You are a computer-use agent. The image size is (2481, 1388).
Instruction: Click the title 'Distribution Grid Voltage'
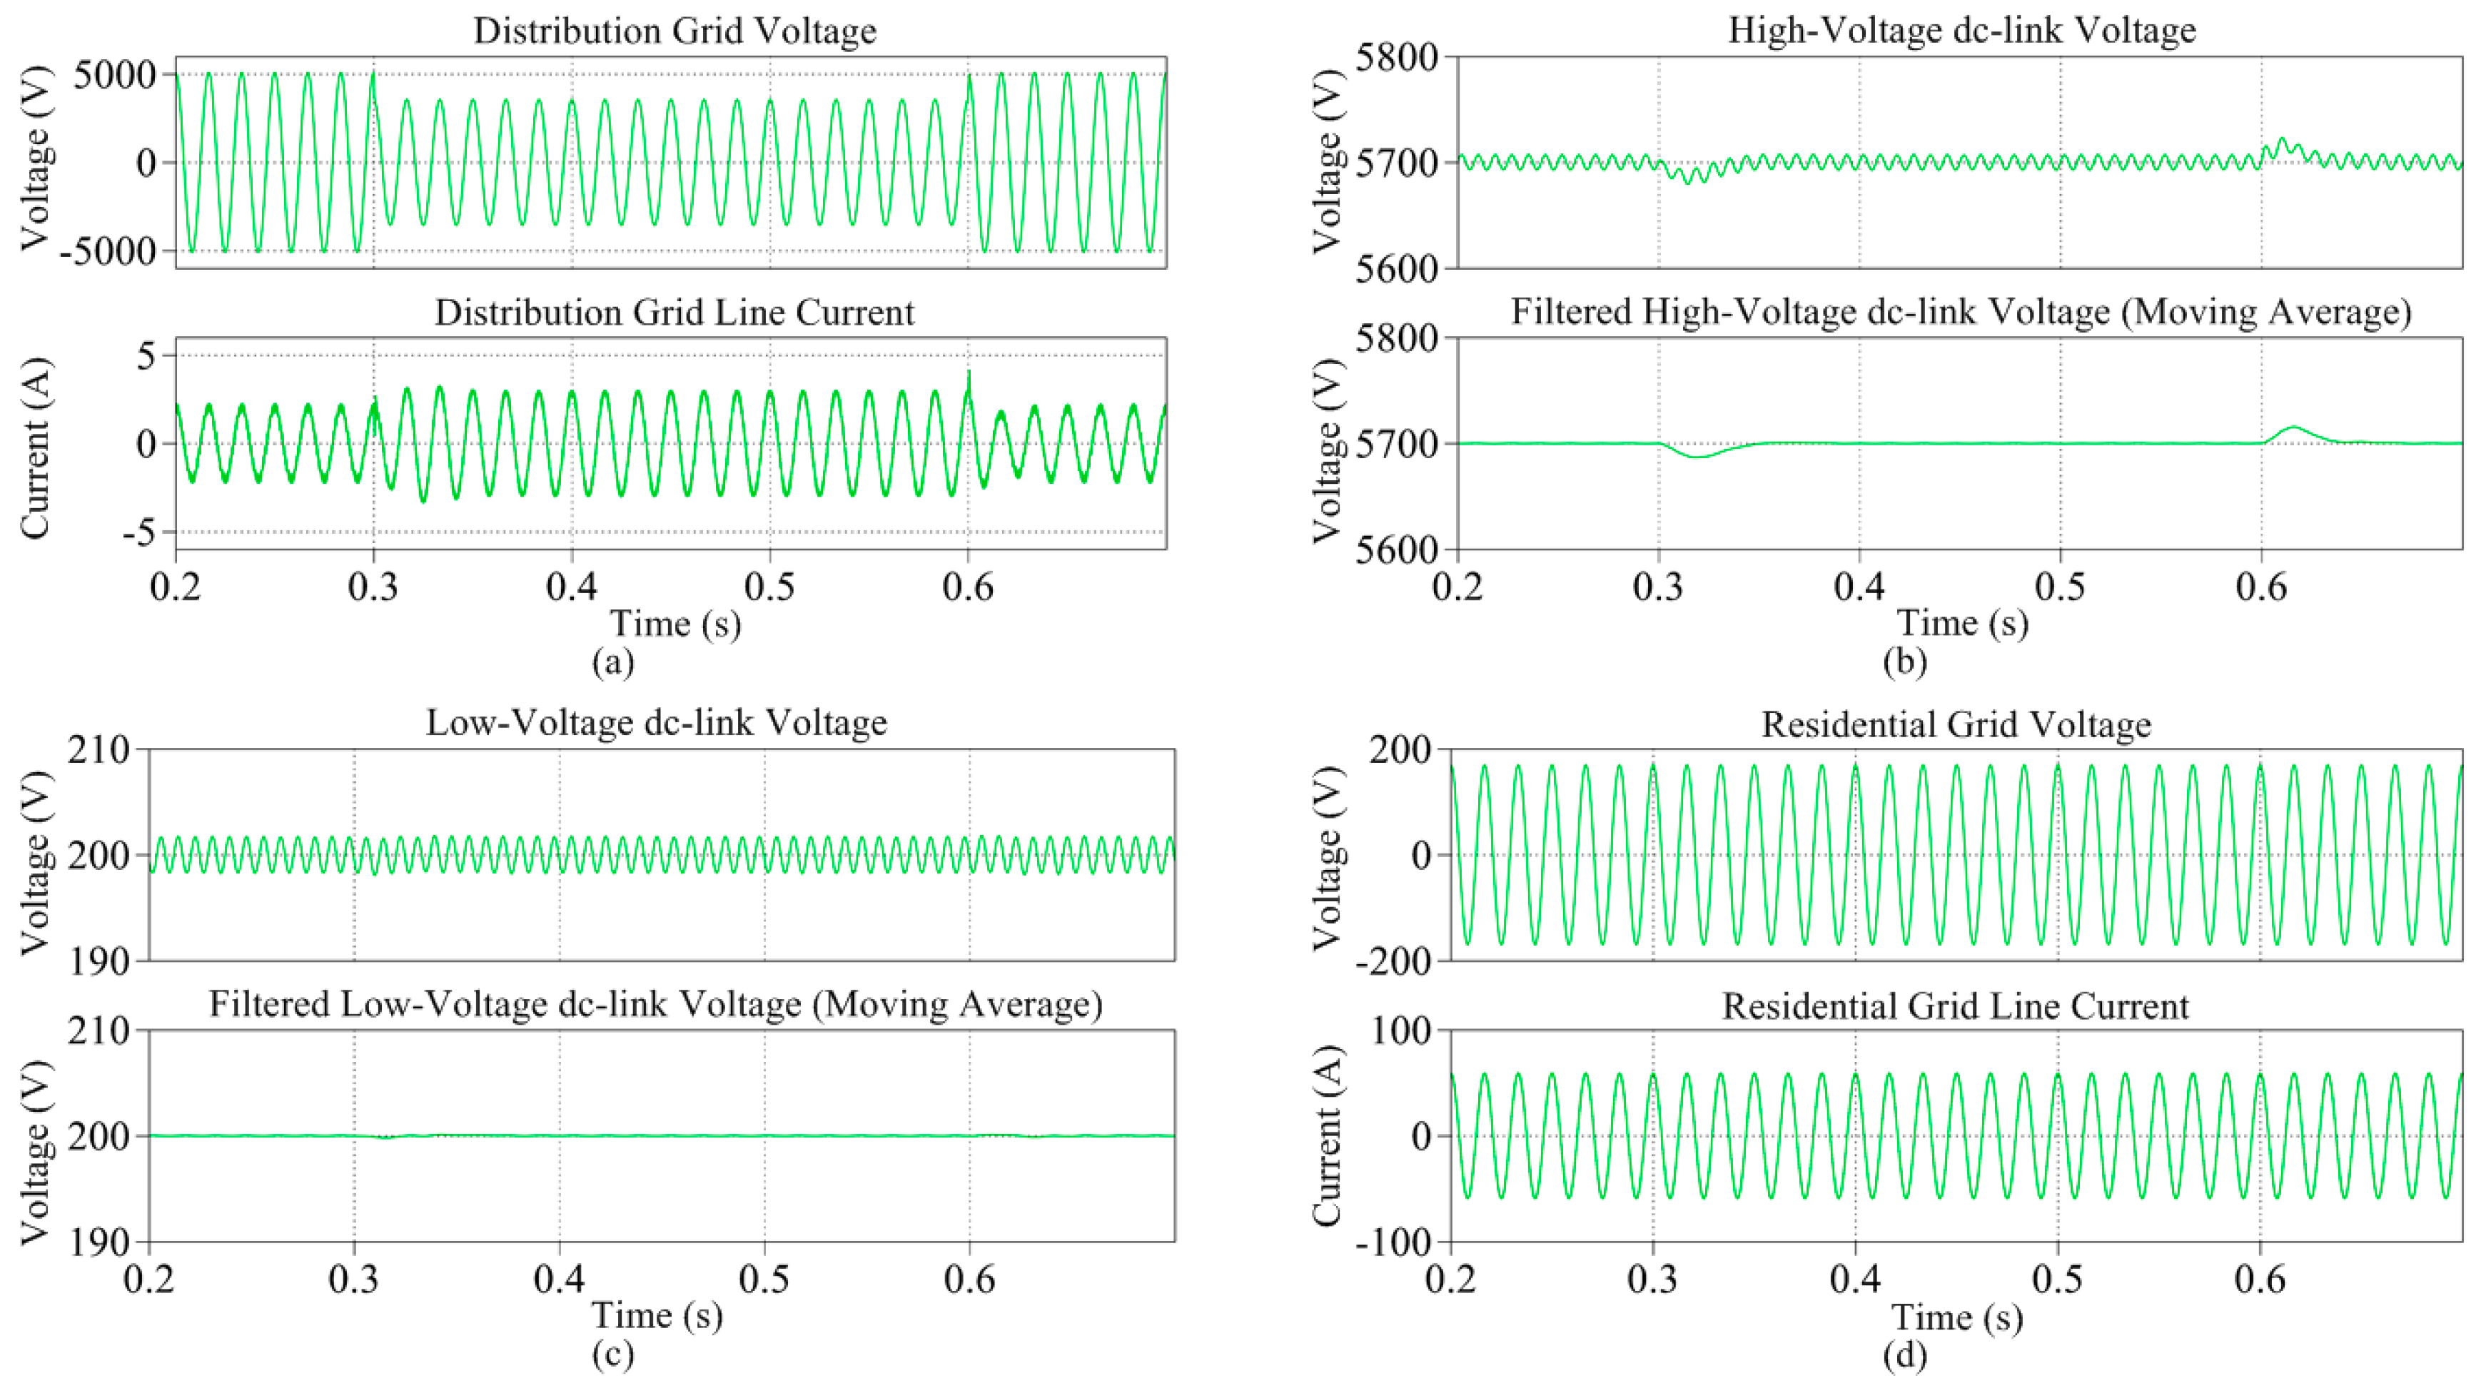tap(674, 31)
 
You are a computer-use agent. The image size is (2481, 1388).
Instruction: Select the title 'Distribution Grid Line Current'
tap(674, 313)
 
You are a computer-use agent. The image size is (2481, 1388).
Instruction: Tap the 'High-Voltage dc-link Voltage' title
tap(1962, 30)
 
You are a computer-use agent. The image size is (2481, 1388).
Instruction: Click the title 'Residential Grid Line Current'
tap(1955, 1006)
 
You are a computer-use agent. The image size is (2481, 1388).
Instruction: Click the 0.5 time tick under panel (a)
tap(769, 587)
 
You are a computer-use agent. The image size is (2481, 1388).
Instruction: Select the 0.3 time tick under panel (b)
tap(1659, 587)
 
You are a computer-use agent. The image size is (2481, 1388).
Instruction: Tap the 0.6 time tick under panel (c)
tap(969, 1279)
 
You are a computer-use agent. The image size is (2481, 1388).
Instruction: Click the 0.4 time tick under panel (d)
tap(1855, 1279)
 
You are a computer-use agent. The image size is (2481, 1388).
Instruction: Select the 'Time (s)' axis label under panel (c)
tap(657, 1316)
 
